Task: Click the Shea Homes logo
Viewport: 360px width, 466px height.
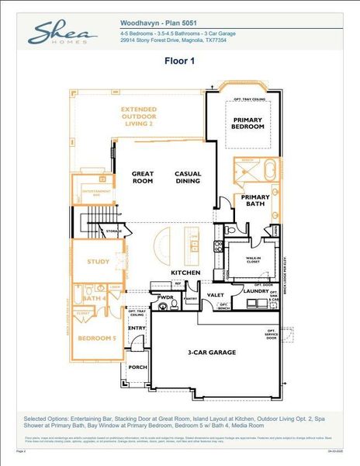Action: [x=63, y=33]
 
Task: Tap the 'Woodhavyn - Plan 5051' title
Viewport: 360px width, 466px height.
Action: [x=161, y=24]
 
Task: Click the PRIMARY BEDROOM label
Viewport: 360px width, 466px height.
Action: [x=249, y=123]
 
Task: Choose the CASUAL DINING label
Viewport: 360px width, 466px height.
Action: [x=189, y=178]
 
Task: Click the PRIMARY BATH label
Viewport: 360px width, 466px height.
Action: [x=254, y=201]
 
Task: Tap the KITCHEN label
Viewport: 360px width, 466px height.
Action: [x=186, y=273]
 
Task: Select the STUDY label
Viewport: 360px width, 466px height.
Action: [x=98, y=262]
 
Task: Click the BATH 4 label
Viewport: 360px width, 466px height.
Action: [x=94, y=297]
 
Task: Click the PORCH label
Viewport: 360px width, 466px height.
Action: [x=137, y=367]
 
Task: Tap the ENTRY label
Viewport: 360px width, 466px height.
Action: [x=137, y=329]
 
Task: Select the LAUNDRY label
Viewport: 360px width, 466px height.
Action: [x=255, y=291]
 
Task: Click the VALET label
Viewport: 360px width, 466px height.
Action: [x=215, y=295]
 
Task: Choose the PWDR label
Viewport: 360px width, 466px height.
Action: [x=164, y=297]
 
